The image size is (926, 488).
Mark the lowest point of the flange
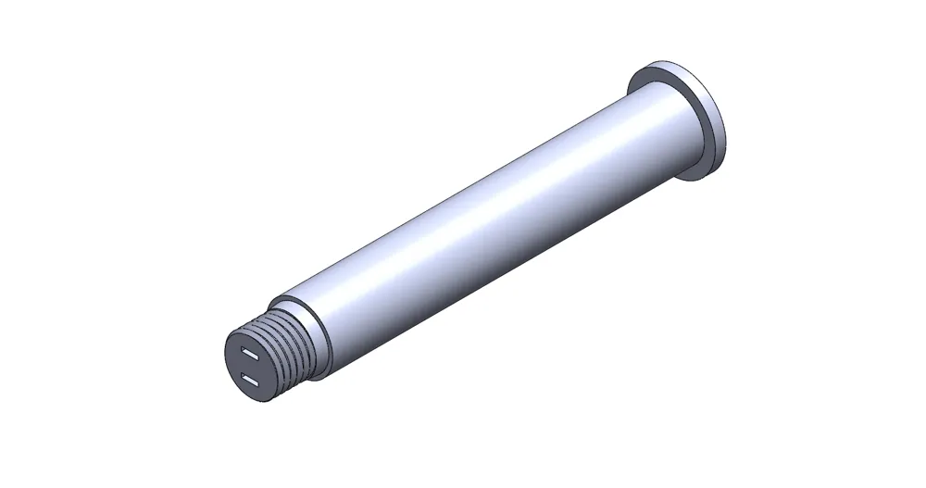coord(707,177)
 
